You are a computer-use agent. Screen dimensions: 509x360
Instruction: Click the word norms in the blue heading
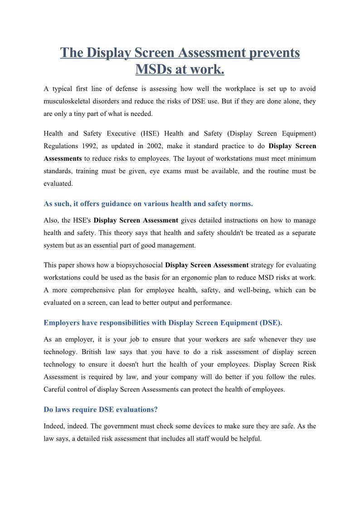(243, 204)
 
